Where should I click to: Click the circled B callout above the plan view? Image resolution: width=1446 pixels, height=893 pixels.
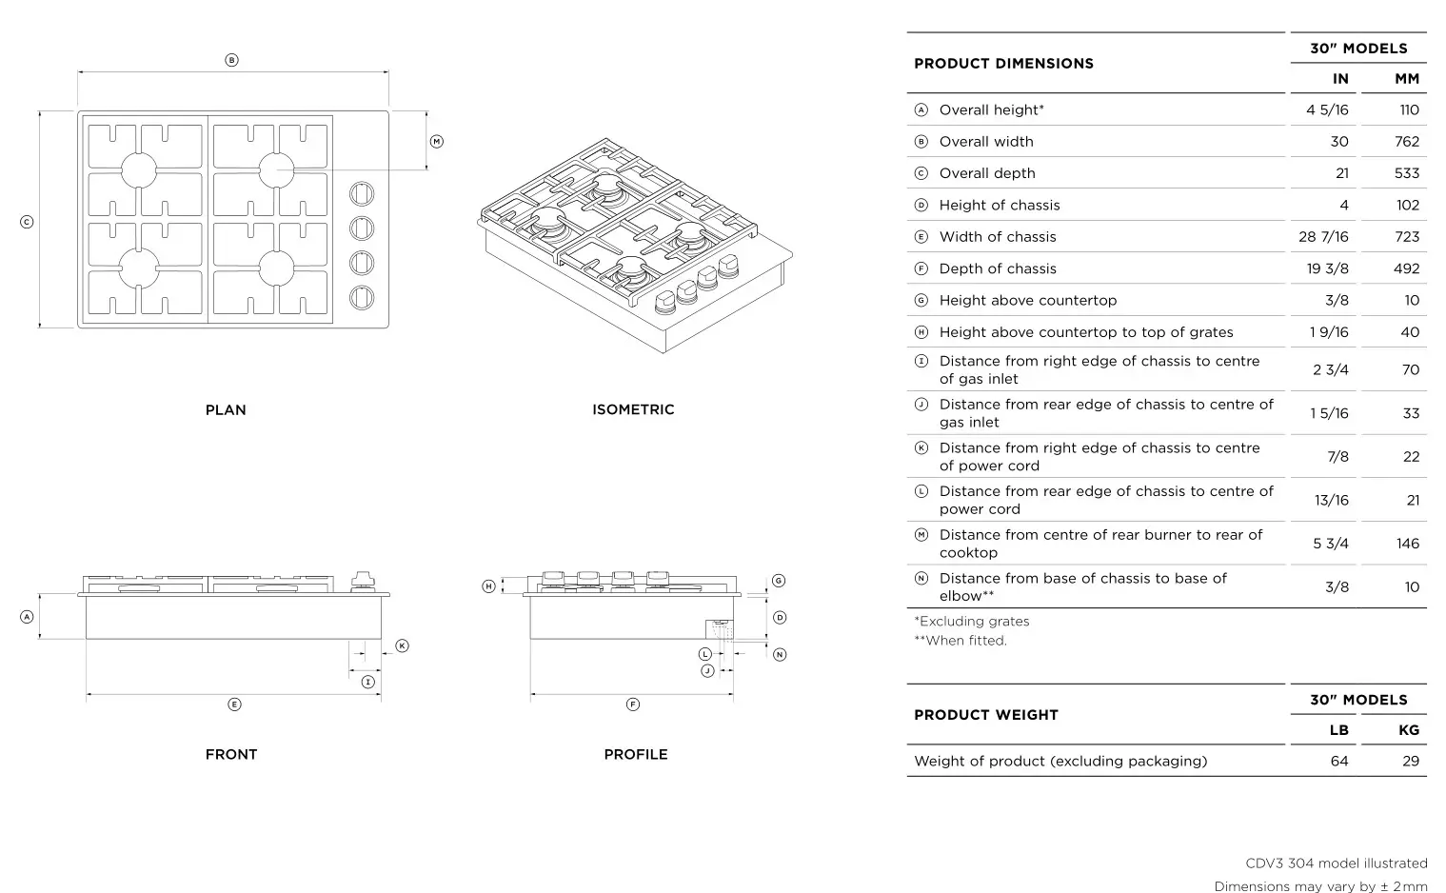point(231,60)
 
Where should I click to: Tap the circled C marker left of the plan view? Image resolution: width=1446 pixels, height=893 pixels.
point(27,222)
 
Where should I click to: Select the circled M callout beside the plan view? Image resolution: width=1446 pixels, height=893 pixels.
point(437,142)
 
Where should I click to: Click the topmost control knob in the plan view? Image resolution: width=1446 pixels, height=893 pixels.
point(362,193)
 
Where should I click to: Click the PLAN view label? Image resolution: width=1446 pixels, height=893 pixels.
point(226,410)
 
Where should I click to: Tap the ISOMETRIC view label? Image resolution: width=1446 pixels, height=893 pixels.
point(633,409)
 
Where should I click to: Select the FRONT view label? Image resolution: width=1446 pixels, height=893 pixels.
point(231,754)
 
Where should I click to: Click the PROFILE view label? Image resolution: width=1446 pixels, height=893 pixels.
point(636,754)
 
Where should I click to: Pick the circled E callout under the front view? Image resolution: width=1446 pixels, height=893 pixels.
point(234,704)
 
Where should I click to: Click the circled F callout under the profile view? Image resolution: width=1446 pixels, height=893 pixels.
point(633,704)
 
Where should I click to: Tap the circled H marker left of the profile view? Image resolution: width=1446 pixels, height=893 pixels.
point(488,586)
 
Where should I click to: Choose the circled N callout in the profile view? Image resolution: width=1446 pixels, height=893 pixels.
point(780,654)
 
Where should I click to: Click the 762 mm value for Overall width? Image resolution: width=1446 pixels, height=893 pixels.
point(1406,142)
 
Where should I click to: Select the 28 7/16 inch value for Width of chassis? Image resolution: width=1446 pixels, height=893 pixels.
point(1323,237)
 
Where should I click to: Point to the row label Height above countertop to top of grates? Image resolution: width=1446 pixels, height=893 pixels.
point(1085,332)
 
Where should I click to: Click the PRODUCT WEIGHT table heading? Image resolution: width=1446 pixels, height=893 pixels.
point(985,715)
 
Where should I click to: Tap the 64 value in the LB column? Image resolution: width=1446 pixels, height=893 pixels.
point(1338,762)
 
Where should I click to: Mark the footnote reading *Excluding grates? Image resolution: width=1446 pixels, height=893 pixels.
point(971,622)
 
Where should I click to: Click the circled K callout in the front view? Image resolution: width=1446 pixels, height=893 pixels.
point(402,645)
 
